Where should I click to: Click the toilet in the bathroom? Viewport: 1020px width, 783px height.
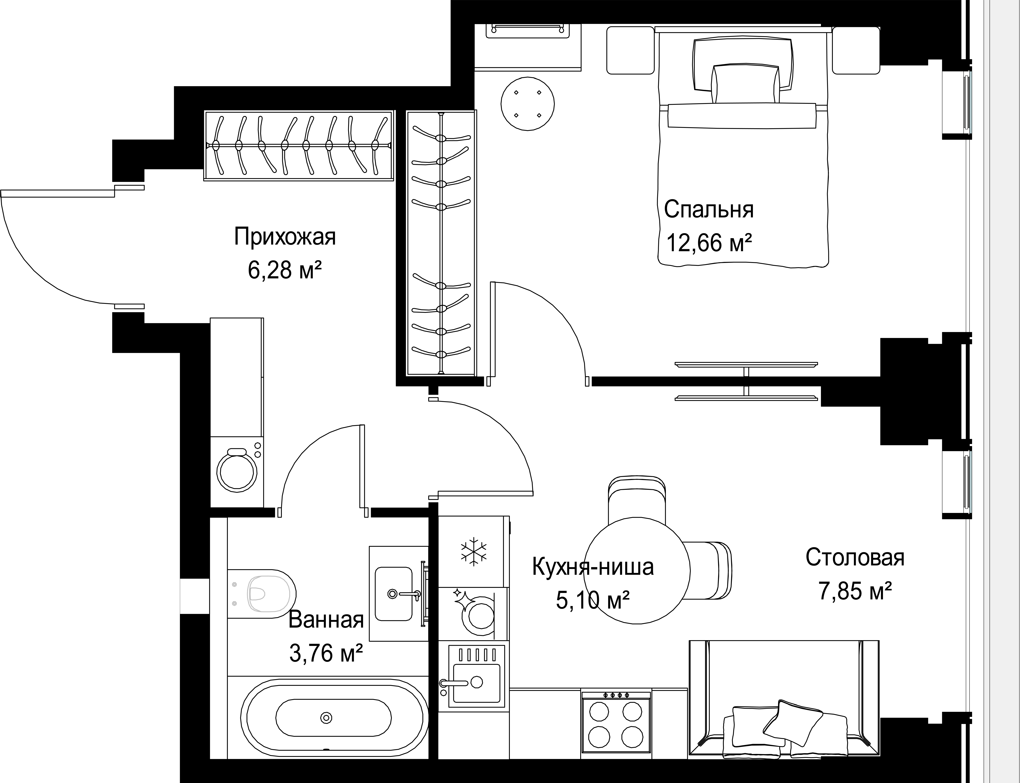point(261,593)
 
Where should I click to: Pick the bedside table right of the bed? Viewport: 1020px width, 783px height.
point(856,50)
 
